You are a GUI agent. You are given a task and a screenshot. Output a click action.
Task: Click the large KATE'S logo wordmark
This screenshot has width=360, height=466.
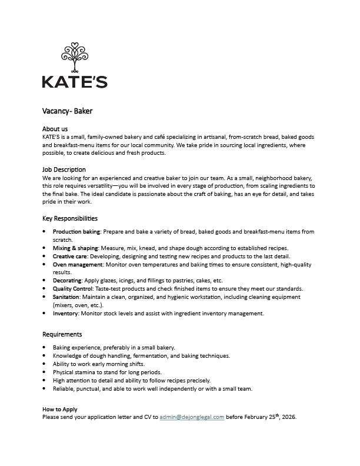click(75, 81)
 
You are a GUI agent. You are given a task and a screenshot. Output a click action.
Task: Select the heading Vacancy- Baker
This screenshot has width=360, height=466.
click(68, 111)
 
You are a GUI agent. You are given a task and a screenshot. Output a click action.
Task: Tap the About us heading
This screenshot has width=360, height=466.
click(55, 128)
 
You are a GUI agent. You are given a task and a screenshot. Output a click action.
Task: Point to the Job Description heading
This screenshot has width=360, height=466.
click(64, 169)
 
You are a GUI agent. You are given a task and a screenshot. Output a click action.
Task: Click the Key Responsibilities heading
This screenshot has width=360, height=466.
click(70, 218)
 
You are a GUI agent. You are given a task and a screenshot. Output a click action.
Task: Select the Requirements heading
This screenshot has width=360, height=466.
click(62, 334)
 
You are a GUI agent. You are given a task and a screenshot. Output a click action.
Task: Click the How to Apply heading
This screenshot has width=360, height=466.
click(60, 409)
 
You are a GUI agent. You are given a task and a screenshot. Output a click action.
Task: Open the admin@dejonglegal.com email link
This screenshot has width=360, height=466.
click(192, 417)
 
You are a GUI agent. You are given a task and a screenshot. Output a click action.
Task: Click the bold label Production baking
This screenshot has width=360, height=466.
click(77, 232)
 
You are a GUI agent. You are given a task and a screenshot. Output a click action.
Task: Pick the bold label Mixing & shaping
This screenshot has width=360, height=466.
click(76, 248)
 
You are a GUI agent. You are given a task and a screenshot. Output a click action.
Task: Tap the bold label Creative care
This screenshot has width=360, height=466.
click(71, 257)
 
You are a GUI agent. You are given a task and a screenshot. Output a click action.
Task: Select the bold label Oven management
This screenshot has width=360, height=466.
click(78, 265)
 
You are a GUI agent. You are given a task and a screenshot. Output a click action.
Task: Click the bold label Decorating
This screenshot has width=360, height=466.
click(67, 281)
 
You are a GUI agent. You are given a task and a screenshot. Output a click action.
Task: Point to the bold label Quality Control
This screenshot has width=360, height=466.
click(73, 289)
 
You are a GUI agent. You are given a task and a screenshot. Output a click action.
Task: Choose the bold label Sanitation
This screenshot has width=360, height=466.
click(67, 297)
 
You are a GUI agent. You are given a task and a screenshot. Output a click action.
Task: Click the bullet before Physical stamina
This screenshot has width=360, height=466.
click(45, 372)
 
